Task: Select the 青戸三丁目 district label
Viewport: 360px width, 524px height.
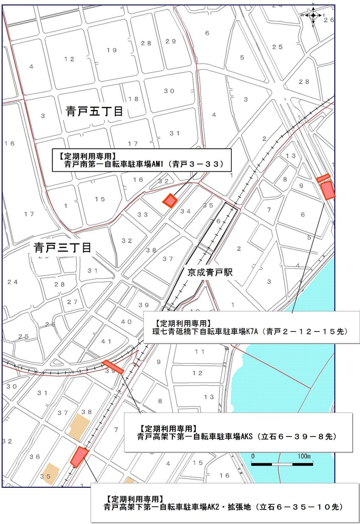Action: click(62, 247)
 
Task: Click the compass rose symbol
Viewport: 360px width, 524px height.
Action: click(313, 15)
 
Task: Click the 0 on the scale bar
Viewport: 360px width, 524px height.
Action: click(253, 456)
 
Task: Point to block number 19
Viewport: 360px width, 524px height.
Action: click(111, 50)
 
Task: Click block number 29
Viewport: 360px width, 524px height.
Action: click(170, 42)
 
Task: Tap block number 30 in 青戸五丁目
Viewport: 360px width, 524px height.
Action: click(169, 91)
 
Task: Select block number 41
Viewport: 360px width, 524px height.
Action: click(106, 342)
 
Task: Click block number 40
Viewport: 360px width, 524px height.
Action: click(126, 321)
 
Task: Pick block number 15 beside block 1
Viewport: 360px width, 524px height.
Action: click(100, 199)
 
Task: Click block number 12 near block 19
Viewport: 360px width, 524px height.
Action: click(70, 59)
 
